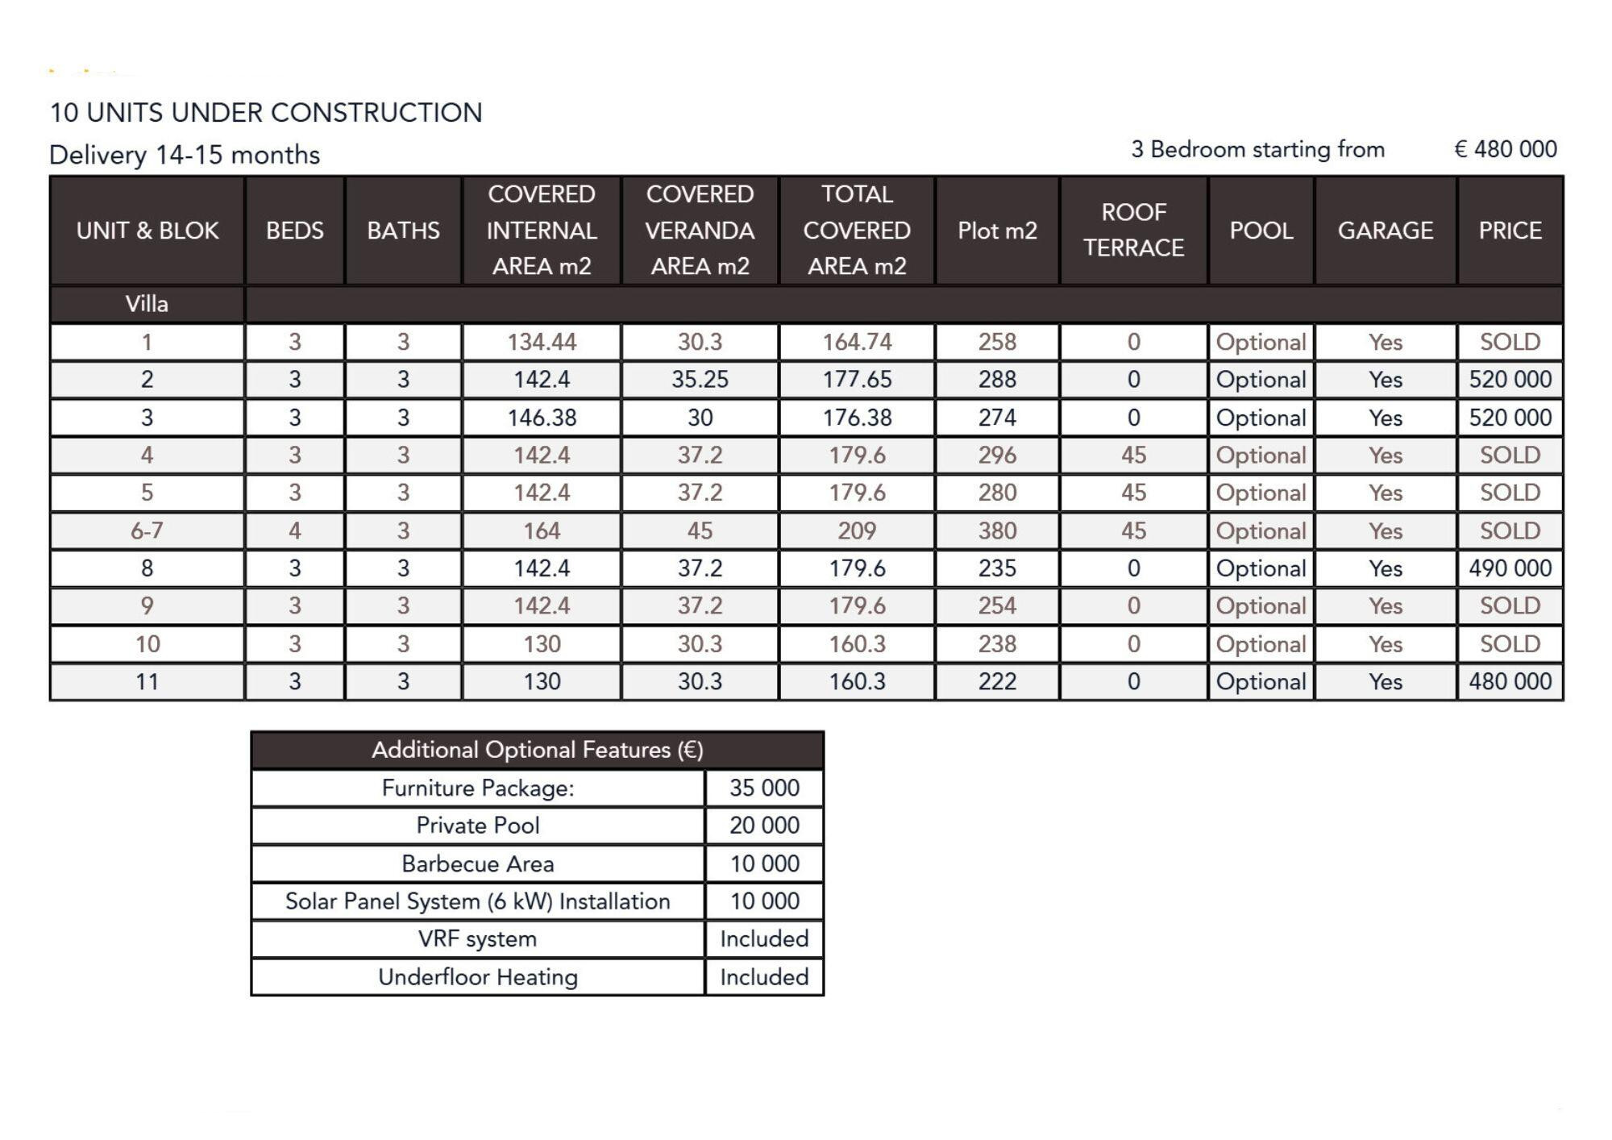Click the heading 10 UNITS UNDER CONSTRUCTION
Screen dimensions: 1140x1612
click(x=266, y=113)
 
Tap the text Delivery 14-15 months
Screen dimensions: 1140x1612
click(x=185, y=155)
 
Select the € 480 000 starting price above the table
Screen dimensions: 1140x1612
click(x=1505, y=150)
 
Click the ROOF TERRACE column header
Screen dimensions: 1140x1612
click(x=1133, y=231)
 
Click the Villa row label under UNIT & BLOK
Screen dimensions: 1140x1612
click(x=147, y=305)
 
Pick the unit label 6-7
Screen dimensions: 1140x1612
click(x=147, y=531)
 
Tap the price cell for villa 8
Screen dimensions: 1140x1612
click(x=1510, y=568)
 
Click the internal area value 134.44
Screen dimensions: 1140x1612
click(x=542, y=343)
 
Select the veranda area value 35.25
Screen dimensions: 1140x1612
click(x=700, y=380)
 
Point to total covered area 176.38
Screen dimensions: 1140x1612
click(x=857, y=418)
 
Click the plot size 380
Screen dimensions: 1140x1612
click(x=997, y=531)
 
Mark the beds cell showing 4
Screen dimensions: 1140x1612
click(x=295, y=531)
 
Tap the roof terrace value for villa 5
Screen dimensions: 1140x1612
click(x=1133, y=493)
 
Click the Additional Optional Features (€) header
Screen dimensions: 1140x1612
click(x=537, y=751)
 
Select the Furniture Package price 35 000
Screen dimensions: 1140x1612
click(x=764, y=788)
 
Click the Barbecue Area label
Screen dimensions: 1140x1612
click(x=477, y=864)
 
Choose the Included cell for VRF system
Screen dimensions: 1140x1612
click(x=764, y=939)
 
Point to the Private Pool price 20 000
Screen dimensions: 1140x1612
click(x=764, y=826)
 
